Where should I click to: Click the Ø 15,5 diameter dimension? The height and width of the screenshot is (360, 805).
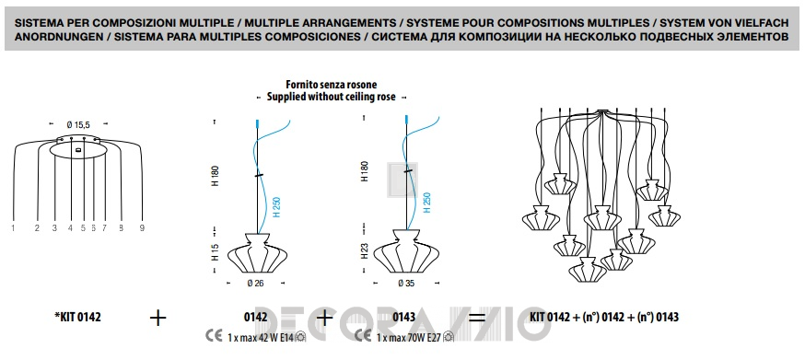(x=77, y=124)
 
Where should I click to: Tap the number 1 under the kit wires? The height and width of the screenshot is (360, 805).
(x=13, y=228)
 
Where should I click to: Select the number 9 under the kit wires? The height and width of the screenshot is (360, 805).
(x=142, y=228)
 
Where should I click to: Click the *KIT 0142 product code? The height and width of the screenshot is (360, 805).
(x=77, y=318)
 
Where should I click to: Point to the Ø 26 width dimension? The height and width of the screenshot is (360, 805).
(x=255, y=283)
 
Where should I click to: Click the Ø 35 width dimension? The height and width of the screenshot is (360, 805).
(x=406, y=283)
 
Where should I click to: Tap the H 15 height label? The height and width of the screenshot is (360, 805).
(x=216, y=251)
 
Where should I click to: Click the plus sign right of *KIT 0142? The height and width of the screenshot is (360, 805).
(x=158, y=318)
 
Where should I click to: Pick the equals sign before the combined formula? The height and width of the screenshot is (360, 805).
(x=477, y=318)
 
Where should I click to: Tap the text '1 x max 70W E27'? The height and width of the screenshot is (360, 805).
(x=409, y=337)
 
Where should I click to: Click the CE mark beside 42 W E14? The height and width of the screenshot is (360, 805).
(x=214, y=336)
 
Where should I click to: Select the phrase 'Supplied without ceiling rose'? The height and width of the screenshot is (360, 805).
(x=332, y=97)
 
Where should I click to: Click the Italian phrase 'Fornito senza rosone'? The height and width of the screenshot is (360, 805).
(x=332, y=85)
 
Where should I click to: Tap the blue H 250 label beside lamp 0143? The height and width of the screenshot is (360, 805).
(x=427, y=203)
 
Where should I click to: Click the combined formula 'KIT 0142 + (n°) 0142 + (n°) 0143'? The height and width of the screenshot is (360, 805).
(x=604, y=318)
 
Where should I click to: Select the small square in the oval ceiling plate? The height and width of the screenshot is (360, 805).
(x=78, y=150)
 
